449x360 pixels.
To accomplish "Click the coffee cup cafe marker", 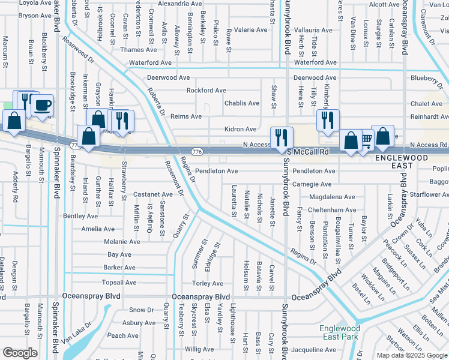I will pyautogui.click(x=42, y=106).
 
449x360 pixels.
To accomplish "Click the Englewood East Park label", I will pyautogui.click(x=340, y=332).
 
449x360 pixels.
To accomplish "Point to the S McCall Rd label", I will pyautogui.click(x=309, y=152).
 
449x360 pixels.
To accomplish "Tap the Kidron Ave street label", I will pyautogui.click(x=240, y=129).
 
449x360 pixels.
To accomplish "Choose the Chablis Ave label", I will pyautogui.click(x=241, y=103).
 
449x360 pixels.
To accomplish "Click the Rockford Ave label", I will pyautogui.click(x=206, y=91).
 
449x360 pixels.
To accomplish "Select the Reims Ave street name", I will pyautogui.click(x=186, y=116).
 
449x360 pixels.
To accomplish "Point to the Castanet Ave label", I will pyautogui.click(x=153, y=194).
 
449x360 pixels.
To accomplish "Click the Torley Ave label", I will pyautogui.click(x=207, y=283).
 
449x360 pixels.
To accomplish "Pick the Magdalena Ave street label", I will pyautogui.click(x=332, y=197).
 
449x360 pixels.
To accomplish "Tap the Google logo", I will pyautogui.click(x=20, y=353).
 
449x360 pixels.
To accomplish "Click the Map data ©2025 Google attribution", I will pyautogui.click(x=412, y=355).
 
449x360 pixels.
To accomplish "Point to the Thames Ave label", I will pyautogui.click(x=138, y=50).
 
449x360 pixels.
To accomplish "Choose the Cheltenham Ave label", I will pyautogui.click(x=332, y=210).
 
